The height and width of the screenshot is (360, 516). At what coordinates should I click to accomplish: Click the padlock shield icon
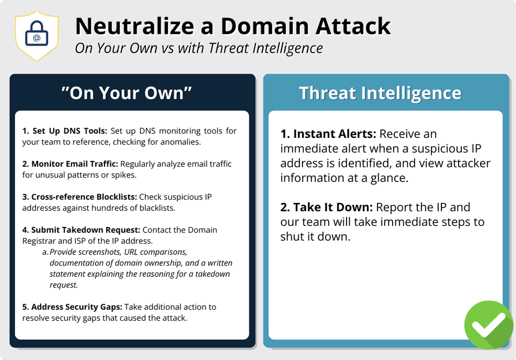click(36, 36)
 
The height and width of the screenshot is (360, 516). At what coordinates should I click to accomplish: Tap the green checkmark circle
click(489, 325)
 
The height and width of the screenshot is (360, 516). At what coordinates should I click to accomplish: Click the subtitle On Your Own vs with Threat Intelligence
click(198, 48)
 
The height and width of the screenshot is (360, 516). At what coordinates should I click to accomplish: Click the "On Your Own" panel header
click(127, 93)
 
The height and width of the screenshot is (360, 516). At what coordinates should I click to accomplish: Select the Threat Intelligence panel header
click(380, 93)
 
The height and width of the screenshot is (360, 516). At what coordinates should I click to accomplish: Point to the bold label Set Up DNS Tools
click(69, 131)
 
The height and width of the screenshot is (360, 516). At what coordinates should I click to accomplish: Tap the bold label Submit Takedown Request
click(80, 230)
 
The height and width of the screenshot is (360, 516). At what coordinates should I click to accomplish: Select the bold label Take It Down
click(327, 208)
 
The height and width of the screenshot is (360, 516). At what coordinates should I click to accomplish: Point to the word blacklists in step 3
click(156, 208)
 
